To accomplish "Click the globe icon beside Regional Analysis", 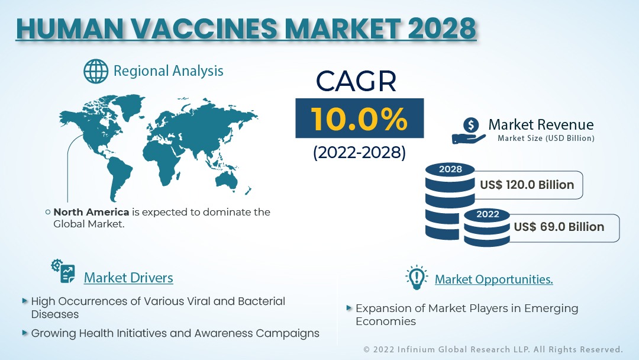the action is pyautogui.click(x=96, y=71).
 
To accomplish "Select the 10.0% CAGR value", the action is pyautogui.click(x=359, y=119).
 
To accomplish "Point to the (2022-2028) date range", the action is pyautogui.click(x=360, y=153).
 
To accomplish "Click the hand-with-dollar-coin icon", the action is pyautogui.click(x=469, y=131).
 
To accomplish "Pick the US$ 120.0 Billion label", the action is pyautogui.click(x=527, y=185).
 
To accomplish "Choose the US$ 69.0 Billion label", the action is pyautogui.click(x=559, y=227).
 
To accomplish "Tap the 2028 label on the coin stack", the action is pyautogui.click(x=450, y=169).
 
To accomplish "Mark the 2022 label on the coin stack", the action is pyautogui.click(x=488, y=214).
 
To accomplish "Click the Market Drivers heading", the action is pyautogui.click(x=128, y=278).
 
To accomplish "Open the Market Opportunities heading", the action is pyautogui.click(x=494, y=279).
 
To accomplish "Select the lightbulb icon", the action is pyautogui.click(x=417, y=277).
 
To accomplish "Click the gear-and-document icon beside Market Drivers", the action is pyautogui.click(x=63, y=271).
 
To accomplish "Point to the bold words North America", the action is pyautogui.click(x=91, y=212).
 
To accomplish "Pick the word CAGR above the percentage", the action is pyautogui.click(x=356, y=81).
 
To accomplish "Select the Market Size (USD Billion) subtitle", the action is pyautogui.click(x=546, y=138).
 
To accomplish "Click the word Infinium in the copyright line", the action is pyautogui.click(x=416, y=349).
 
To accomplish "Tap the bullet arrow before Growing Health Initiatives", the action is pyautogui.click(x=25, y=333).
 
